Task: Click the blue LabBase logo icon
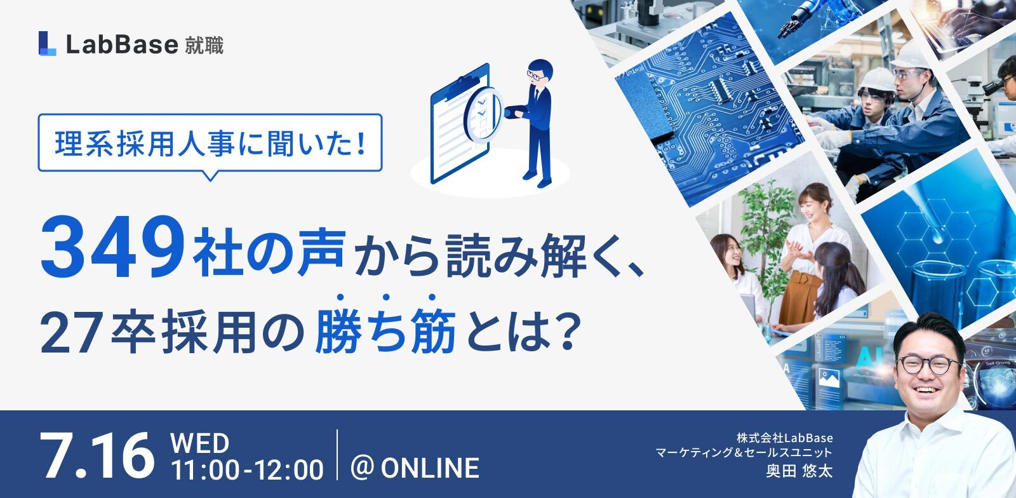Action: pos(47,44)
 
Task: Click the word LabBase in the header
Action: pos(122,44)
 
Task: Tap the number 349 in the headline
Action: pos(113,248)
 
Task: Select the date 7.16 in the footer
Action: pos(97,456)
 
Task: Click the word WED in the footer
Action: pos(199,443)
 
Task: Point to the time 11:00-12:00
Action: pos(247,469)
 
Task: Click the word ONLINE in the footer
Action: pos(430,469)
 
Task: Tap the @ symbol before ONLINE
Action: pos(363,469)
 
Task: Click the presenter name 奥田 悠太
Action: pos(799,471)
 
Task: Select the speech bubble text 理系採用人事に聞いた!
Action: pos(210,144)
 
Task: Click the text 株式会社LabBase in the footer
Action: pos(785,438)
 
